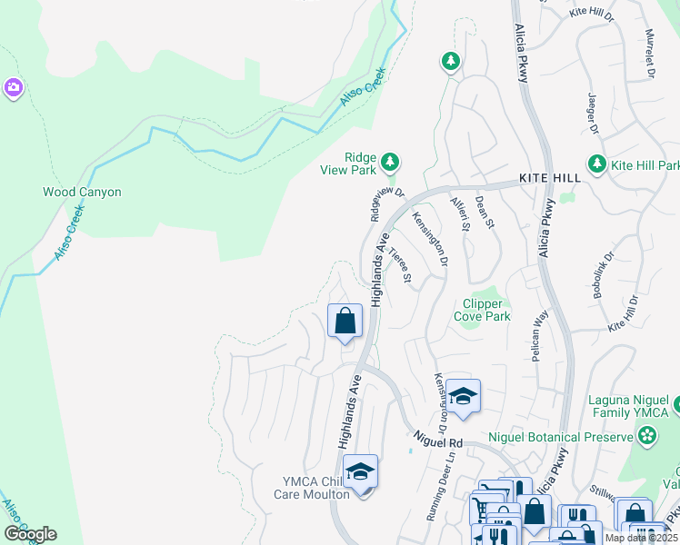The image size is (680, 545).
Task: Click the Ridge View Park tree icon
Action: [x=390, y=162]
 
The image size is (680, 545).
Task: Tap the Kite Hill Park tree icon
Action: [x=597, y=164]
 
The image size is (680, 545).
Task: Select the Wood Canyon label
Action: [x=82, y=193]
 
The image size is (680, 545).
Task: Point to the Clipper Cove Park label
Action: [x=482, y=310]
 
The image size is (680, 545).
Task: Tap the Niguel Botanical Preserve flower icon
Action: [x=646, y=437]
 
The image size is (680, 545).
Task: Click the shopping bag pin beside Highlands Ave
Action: [x=345, y=321]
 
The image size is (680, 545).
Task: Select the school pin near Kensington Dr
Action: [x=463, y=396]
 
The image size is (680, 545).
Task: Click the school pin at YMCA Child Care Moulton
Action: [x=361, y=471]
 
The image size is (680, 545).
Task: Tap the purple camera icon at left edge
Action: [x=14, y=88]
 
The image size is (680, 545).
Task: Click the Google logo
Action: [x=30, y=534]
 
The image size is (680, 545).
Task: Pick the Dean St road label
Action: [x=484, y=213]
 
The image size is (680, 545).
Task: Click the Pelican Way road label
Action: [x=541, y=334]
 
